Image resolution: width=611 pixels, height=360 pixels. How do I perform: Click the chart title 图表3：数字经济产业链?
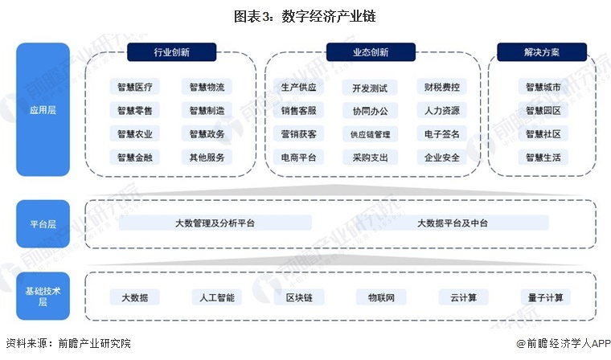click(305, 16)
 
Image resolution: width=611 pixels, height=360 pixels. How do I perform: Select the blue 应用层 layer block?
click(39, 110)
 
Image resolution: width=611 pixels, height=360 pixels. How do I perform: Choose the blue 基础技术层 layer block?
click(39, 296)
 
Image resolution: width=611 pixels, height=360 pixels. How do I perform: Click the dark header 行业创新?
click(174, 52)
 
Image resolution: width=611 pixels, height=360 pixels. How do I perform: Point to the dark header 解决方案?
click(541, 52)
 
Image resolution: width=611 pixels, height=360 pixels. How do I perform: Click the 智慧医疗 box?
click(135, 87)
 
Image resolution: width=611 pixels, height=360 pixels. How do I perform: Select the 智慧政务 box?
click(207, 133)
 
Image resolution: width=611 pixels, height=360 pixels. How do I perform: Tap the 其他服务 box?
click(207, 157)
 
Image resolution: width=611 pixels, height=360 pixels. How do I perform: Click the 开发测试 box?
click(370, 87)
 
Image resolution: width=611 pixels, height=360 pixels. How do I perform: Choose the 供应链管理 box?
click(370, 133)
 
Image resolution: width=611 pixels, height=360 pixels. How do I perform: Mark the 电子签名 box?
click(442, 133)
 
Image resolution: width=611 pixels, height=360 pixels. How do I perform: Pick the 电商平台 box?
click(298, 157)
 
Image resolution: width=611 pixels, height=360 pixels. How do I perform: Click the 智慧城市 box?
click(543, 87)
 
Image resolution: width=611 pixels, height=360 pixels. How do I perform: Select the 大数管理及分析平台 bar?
click(215, 223)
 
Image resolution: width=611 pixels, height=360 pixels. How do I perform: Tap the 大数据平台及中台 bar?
click(453, 223)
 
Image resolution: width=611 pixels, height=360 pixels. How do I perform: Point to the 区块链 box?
click(298, 297)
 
